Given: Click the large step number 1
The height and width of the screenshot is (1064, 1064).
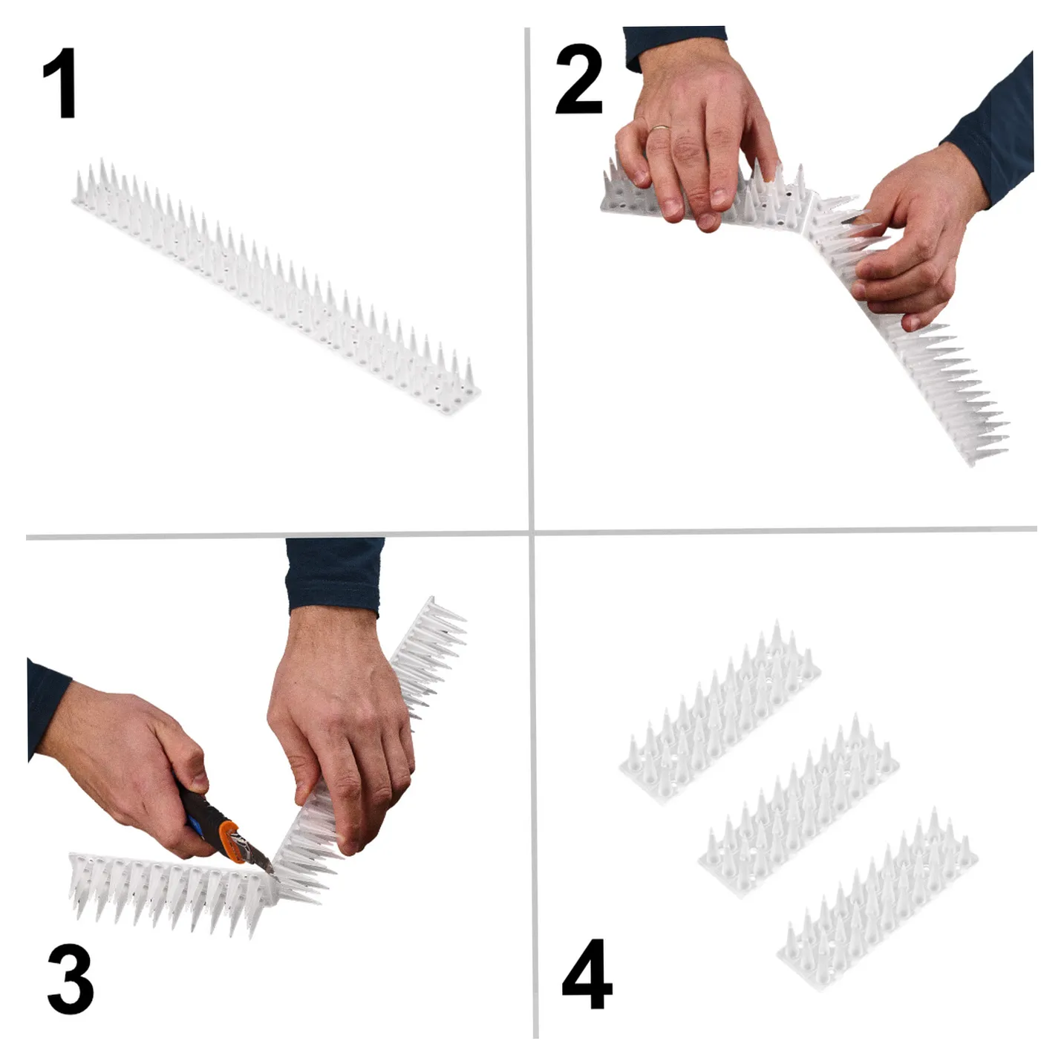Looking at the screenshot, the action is pos(60,83).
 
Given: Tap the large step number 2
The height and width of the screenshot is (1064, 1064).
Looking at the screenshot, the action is pos(578,79).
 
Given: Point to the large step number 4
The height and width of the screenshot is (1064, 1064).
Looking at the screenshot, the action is pos(587,974).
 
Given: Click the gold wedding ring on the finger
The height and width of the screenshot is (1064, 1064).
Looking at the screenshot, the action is pos(659,128).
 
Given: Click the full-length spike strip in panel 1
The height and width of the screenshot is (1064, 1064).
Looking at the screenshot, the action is pos(276,287).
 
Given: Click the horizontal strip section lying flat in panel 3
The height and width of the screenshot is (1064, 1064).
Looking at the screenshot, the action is pos(172,895).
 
